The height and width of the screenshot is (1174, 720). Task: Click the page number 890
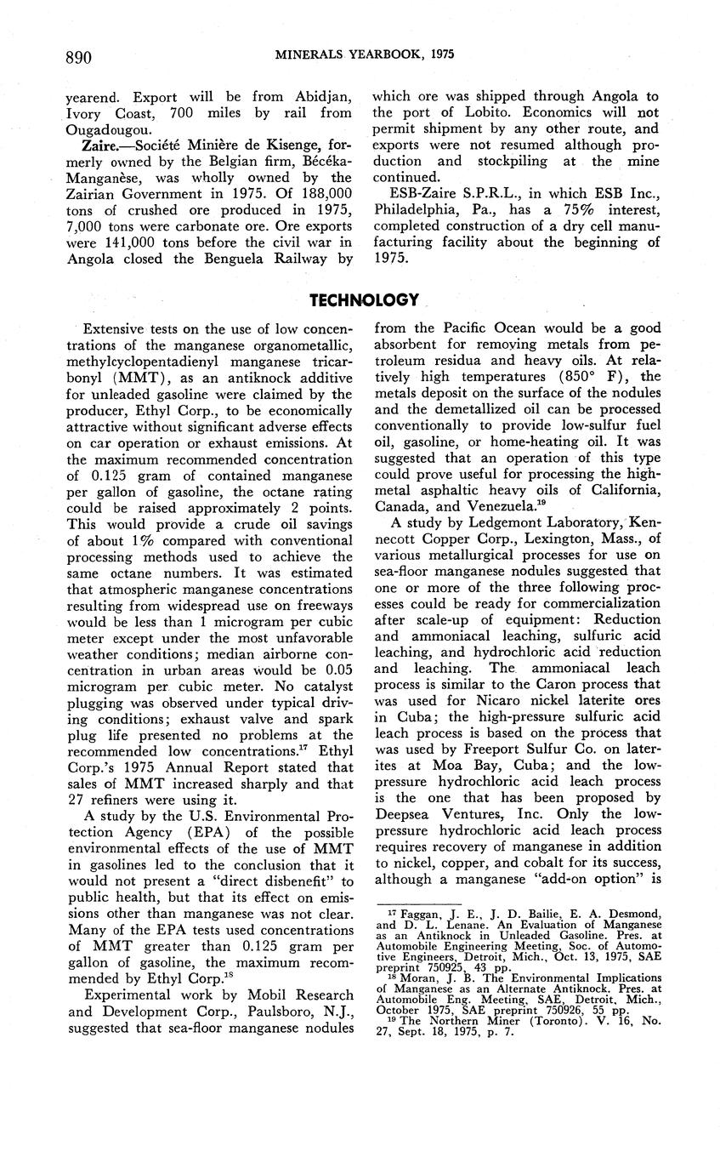78,56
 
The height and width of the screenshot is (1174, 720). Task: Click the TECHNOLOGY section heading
364,299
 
